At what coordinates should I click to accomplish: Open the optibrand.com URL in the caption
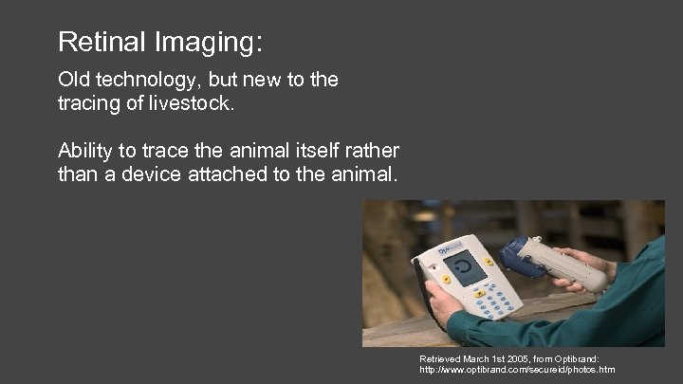(x=516, y=370)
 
